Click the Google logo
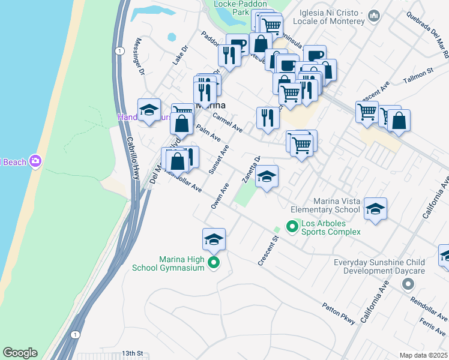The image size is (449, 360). [20, 353]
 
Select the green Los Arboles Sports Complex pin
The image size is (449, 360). [292, 227]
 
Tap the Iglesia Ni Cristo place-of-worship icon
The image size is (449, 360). [375, 15]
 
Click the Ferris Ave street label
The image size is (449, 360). [433, 329]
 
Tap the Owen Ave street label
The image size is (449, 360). [220, 196]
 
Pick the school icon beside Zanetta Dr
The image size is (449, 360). [267, 176]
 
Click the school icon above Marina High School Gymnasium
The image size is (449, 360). [214, 239]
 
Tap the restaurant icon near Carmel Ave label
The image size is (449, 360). [268, 118]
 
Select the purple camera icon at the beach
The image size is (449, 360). [35, 161]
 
